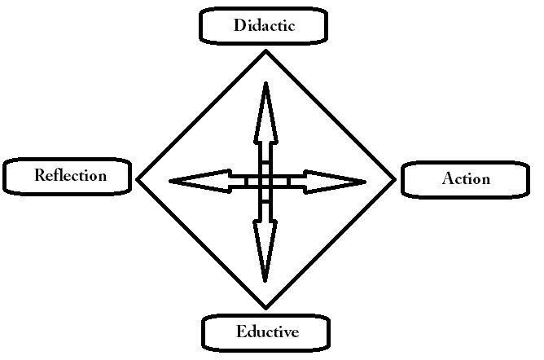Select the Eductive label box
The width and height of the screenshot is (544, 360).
266,332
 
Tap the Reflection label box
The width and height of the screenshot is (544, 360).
68,175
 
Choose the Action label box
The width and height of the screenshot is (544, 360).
466,179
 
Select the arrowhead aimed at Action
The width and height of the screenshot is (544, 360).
334,180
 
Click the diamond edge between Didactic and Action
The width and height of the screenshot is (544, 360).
331,116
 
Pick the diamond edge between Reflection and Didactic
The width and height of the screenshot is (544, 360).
201,116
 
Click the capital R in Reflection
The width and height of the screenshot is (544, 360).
39,175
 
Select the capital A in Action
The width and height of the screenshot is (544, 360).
447,179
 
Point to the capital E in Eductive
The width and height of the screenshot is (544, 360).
240,332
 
